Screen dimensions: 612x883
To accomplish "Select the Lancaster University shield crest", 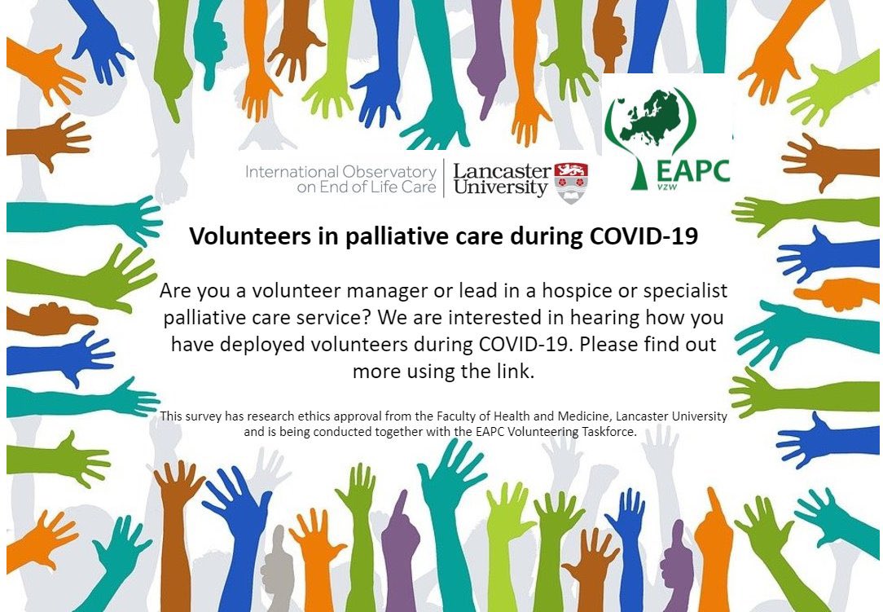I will point(571,182).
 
